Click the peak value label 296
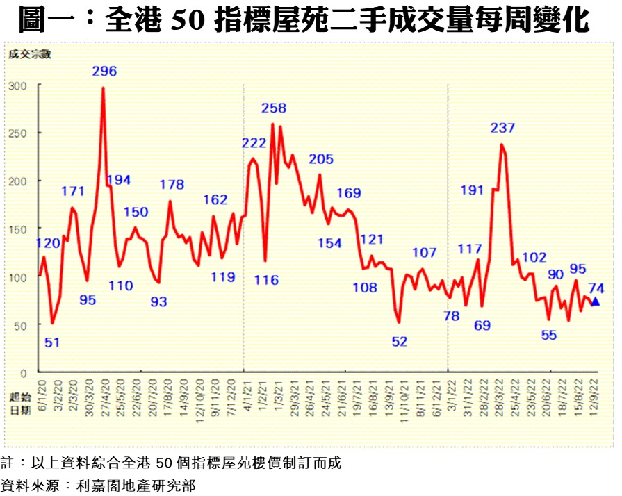[104, 71]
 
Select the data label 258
[274, 108]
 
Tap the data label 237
[502, 128]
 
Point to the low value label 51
[52, 342]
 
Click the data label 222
[254, 143]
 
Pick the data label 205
[321, 159]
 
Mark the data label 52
[400, 342]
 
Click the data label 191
[473, 190]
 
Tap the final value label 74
[596, 288]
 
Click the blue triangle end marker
[596, 301]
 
